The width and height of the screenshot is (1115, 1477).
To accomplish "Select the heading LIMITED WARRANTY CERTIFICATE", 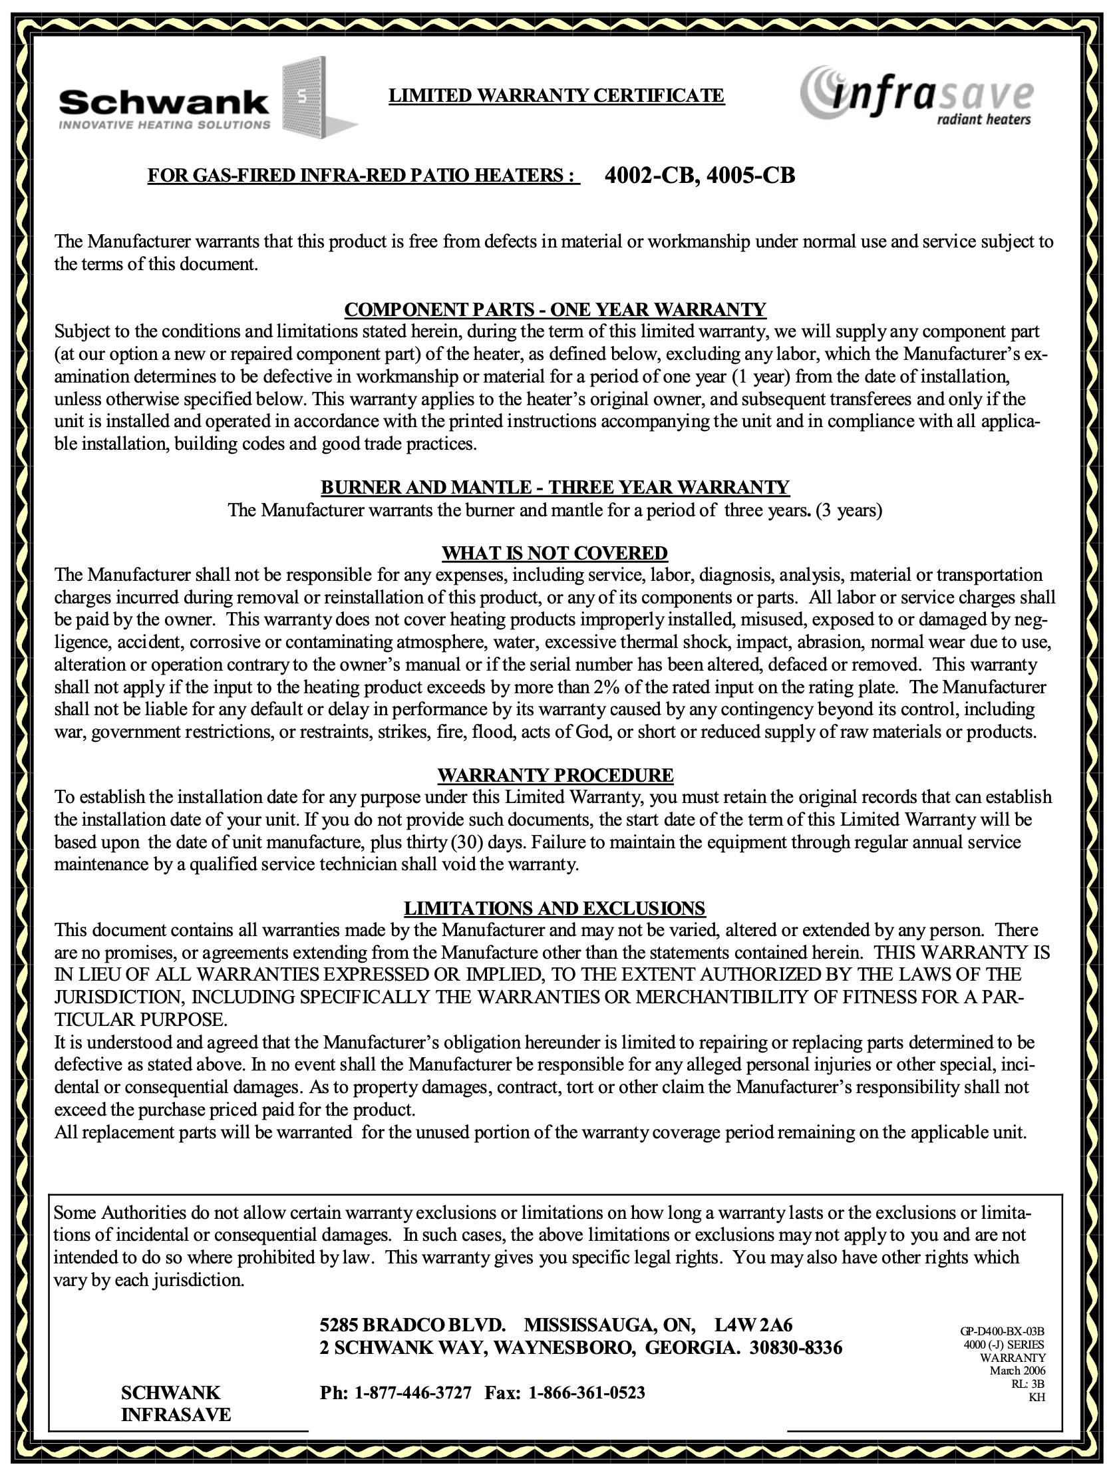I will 556,96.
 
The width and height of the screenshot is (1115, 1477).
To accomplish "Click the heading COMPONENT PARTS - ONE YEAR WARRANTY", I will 555,309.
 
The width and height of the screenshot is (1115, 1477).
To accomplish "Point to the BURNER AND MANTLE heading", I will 555,487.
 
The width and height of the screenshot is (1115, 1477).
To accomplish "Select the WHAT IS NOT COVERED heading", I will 555,553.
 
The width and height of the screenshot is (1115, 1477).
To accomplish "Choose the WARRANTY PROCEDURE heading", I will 555,775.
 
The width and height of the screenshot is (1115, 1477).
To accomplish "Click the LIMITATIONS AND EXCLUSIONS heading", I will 555,908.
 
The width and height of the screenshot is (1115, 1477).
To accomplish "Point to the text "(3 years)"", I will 849,511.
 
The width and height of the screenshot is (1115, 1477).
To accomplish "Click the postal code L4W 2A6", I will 753,1325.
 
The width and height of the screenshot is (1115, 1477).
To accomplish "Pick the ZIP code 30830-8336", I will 796,1347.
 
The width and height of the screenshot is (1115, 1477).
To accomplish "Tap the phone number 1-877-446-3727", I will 412,1393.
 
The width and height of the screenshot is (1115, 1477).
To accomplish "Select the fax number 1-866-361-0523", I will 587,1393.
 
